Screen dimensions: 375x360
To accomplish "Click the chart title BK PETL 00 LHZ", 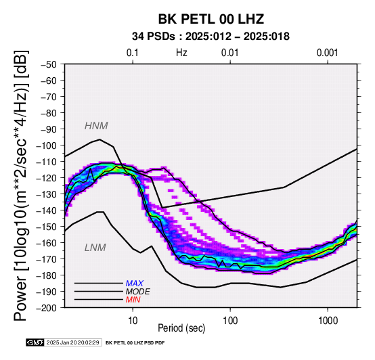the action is [211, 19].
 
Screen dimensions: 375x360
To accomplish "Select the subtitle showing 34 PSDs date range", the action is [211, 37].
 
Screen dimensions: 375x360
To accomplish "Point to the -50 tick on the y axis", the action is [49, 64].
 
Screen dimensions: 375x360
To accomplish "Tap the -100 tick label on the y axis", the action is [47, 145].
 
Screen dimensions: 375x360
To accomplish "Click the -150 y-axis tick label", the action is [47, 227].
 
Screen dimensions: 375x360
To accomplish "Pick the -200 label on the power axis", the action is [47, 307].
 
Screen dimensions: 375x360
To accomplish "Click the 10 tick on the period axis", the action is [133, 320].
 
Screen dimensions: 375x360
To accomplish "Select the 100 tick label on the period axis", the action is [230, 320].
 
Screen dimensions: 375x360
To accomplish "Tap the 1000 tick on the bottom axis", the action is [328, 320].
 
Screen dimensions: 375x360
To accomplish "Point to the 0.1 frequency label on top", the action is [133, 53].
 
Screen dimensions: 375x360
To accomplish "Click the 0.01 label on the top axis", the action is [230, 53].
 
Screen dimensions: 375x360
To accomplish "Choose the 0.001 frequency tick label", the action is [328, 53].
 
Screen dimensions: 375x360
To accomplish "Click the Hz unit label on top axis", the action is [181, 53].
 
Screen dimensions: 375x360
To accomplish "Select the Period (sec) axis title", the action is [181, 328].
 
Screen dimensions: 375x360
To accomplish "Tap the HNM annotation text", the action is [96, 126].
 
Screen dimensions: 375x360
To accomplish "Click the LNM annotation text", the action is [95, 248].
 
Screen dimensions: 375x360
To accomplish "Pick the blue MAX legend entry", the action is [135, 284].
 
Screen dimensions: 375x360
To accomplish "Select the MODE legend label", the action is [138, 292].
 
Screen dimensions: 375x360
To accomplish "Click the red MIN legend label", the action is [133, 300].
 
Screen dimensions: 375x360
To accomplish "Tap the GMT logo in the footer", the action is [35, 342].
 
